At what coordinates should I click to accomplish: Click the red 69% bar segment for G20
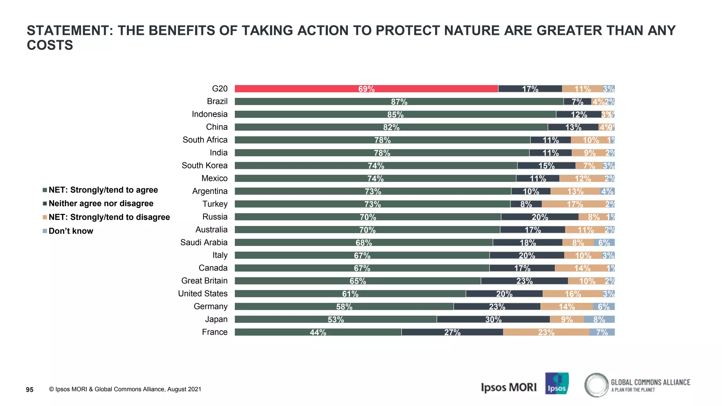point(366,89)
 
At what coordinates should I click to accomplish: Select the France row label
point(214,332)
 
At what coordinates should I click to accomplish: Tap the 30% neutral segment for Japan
point(493,319)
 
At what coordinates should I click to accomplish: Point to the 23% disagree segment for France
point(546,332)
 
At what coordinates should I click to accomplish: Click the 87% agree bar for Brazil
point(399,101)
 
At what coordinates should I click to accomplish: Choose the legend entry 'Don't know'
point(71,231)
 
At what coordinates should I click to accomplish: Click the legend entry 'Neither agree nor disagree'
point(101,203)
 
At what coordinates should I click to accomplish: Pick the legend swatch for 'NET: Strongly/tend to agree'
point(45,190)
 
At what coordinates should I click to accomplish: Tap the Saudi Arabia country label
point(204,242)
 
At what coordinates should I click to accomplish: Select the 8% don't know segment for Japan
point(599,319)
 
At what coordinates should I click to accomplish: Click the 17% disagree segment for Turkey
point(575,204)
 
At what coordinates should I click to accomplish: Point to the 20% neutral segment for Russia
point(540,217)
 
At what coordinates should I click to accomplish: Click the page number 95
point(30,389)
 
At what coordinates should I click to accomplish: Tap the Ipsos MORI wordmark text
point(508,387)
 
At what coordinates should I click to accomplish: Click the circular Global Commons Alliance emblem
point(596,385)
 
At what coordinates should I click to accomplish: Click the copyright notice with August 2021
point(125,389)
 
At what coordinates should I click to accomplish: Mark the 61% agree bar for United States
point(350,294)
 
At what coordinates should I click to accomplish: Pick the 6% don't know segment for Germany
point(604,307)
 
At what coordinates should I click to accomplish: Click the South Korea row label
point(204,166)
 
